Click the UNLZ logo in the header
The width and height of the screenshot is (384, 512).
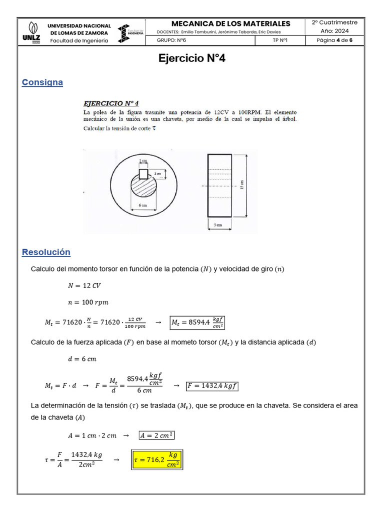point(32,32)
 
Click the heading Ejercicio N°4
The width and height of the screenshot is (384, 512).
point(192,58)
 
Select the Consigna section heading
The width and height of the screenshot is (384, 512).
point(42,82)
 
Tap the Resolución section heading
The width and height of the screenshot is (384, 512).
point(46,252)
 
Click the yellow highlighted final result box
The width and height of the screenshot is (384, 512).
point(157,459)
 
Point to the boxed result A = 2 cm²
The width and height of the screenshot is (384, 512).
point(157,435)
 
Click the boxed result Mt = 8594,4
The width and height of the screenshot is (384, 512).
point(197,322)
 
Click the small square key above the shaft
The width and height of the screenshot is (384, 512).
point(143,173)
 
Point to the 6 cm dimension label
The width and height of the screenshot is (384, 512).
point(142,205)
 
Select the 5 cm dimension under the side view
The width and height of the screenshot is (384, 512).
point(218,225)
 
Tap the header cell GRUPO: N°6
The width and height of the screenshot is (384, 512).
point(171,41)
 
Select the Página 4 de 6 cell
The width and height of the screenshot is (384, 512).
point(334,41)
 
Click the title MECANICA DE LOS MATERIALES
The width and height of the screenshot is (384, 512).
point(230,23)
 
